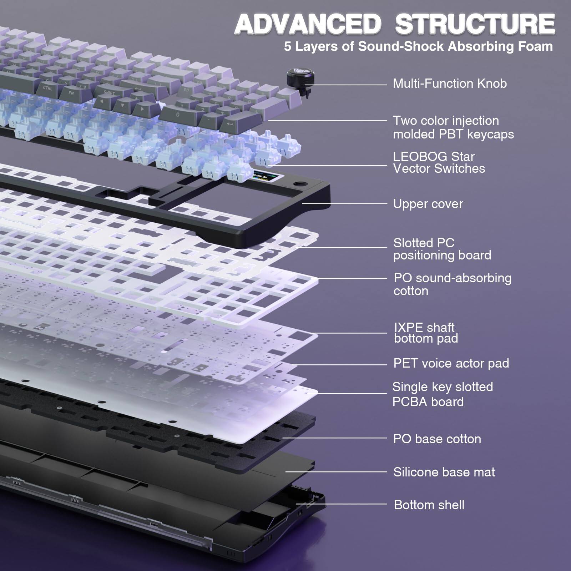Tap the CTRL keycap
click(47, 87)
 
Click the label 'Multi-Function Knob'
click(450, 84)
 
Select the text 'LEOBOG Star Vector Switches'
click(439, 162)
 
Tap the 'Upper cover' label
click(428, 204)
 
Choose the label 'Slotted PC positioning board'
click(442, 249)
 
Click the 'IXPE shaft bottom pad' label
click(426, 333)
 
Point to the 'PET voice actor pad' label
click(451, 363)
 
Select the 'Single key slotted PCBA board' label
click(443, 394)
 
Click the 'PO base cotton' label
click(437, 439)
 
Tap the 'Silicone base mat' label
click(444, 472)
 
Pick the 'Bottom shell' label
click(429, 505)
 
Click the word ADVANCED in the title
click(306, 24)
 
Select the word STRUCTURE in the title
click(475, 24)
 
